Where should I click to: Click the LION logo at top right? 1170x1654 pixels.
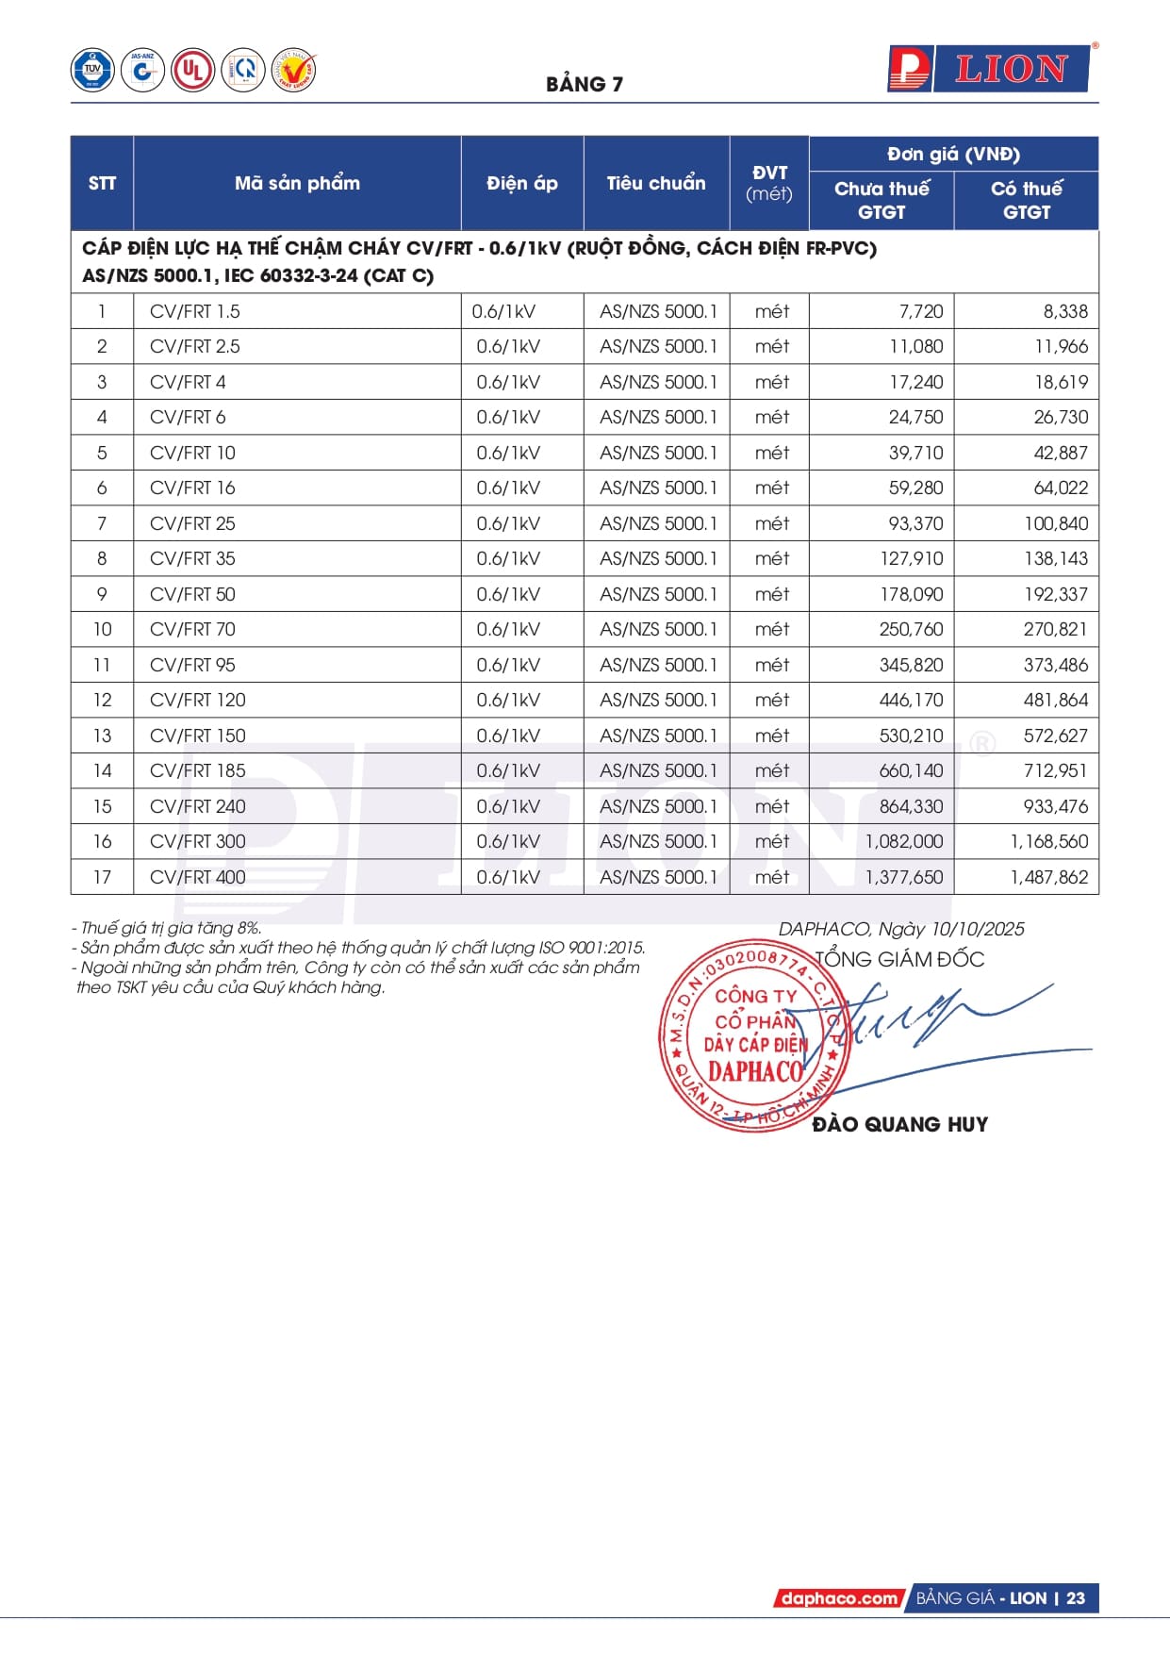click(x=990, y=70)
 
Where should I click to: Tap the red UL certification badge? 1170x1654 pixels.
click(x=193, y=71)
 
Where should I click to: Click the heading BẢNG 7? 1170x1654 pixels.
click(x=585, y=85)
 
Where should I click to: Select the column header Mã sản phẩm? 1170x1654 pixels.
click(x=297, y=183)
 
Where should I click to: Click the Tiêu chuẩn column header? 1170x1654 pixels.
click(x=656, y=183)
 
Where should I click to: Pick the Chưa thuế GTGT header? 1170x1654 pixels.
click(x=882, y=200)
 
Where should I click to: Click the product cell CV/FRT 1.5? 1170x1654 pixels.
click(x=195, y=312)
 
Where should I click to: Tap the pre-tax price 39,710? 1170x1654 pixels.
click(x=915, y=454)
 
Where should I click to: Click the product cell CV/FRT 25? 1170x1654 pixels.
click(x=192, y=524)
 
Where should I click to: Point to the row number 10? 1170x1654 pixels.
click(x=102, y=630)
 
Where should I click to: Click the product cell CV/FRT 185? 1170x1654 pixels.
click(x=198, y=771)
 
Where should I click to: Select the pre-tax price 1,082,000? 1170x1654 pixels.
click(x=904, y=842)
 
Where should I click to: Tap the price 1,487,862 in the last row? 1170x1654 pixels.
click(x=1048, y=878)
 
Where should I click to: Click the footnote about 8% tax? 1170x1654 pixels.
click(x=167, y=928)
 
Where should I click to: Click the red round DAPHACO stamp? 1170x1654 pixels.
click(x=754, y=1035)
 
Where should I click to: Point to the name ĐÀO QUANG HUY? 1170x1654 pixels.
click(x=899, y=1124)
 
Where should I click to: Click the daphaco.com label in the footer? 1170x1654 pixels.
click(x=838, y=1598)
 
